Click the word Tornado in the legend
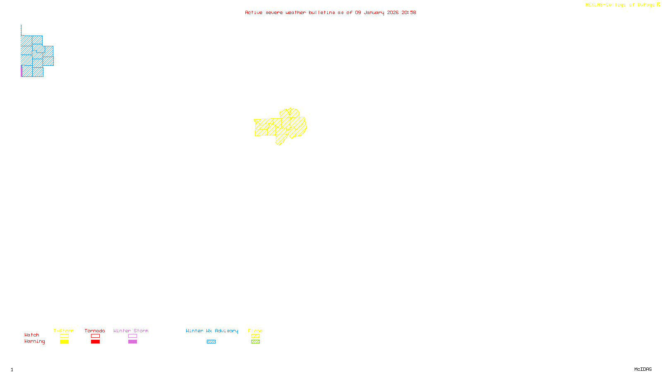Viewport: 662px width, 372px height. pyautogui.click(x=95, y=331)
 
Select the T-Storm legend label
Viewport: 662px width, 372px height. pyautogui.click(x=64, y=331)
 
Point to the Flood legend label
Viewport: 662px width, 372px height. pyautogui.click(x=255, y=331)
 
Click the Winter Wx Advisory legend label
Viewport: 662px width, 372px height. pyautogui.click(x=212, y=331)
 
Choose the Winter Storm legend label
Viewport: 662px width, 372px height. pyautogui.click(x=131, y=331)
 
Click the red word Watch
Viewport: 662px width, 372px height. pyautogui.click(x=32, y=335)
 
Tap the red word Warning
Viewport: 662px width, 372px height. pyautogui.click(x=35, y=341)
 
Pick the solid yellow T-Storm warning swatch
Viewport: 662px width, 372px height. pyautogui.click(x=64, y=342)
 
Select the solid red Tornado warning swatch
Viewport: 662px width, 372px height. pyautogui.click(x=95, y=342)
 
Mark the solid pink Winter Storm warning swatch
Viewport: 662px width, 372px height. pyautogui.click(x=132, y=342)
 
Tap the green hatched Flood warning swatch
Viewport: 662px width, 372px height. pyautogui.click(x=255, y=342)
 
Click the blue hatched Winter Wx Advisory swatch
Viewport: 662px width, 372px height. pyautogui.click(x=211, y=342)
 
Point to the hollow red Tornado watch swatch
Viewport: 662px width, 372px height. pyautogui.click(x=95, y=336)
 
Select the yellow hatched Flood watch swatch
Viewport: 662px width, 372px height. pyautogui.click(x=255, y=336)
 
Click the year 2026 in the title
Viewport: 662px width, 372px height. pyautogui.click(x=393, y=12)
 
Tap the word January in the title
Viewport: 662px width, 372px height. pyautogui.click(x=374, y=12)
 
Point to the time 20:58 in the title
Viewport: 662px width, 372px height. pyautogui.click(x=409, y=12)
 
